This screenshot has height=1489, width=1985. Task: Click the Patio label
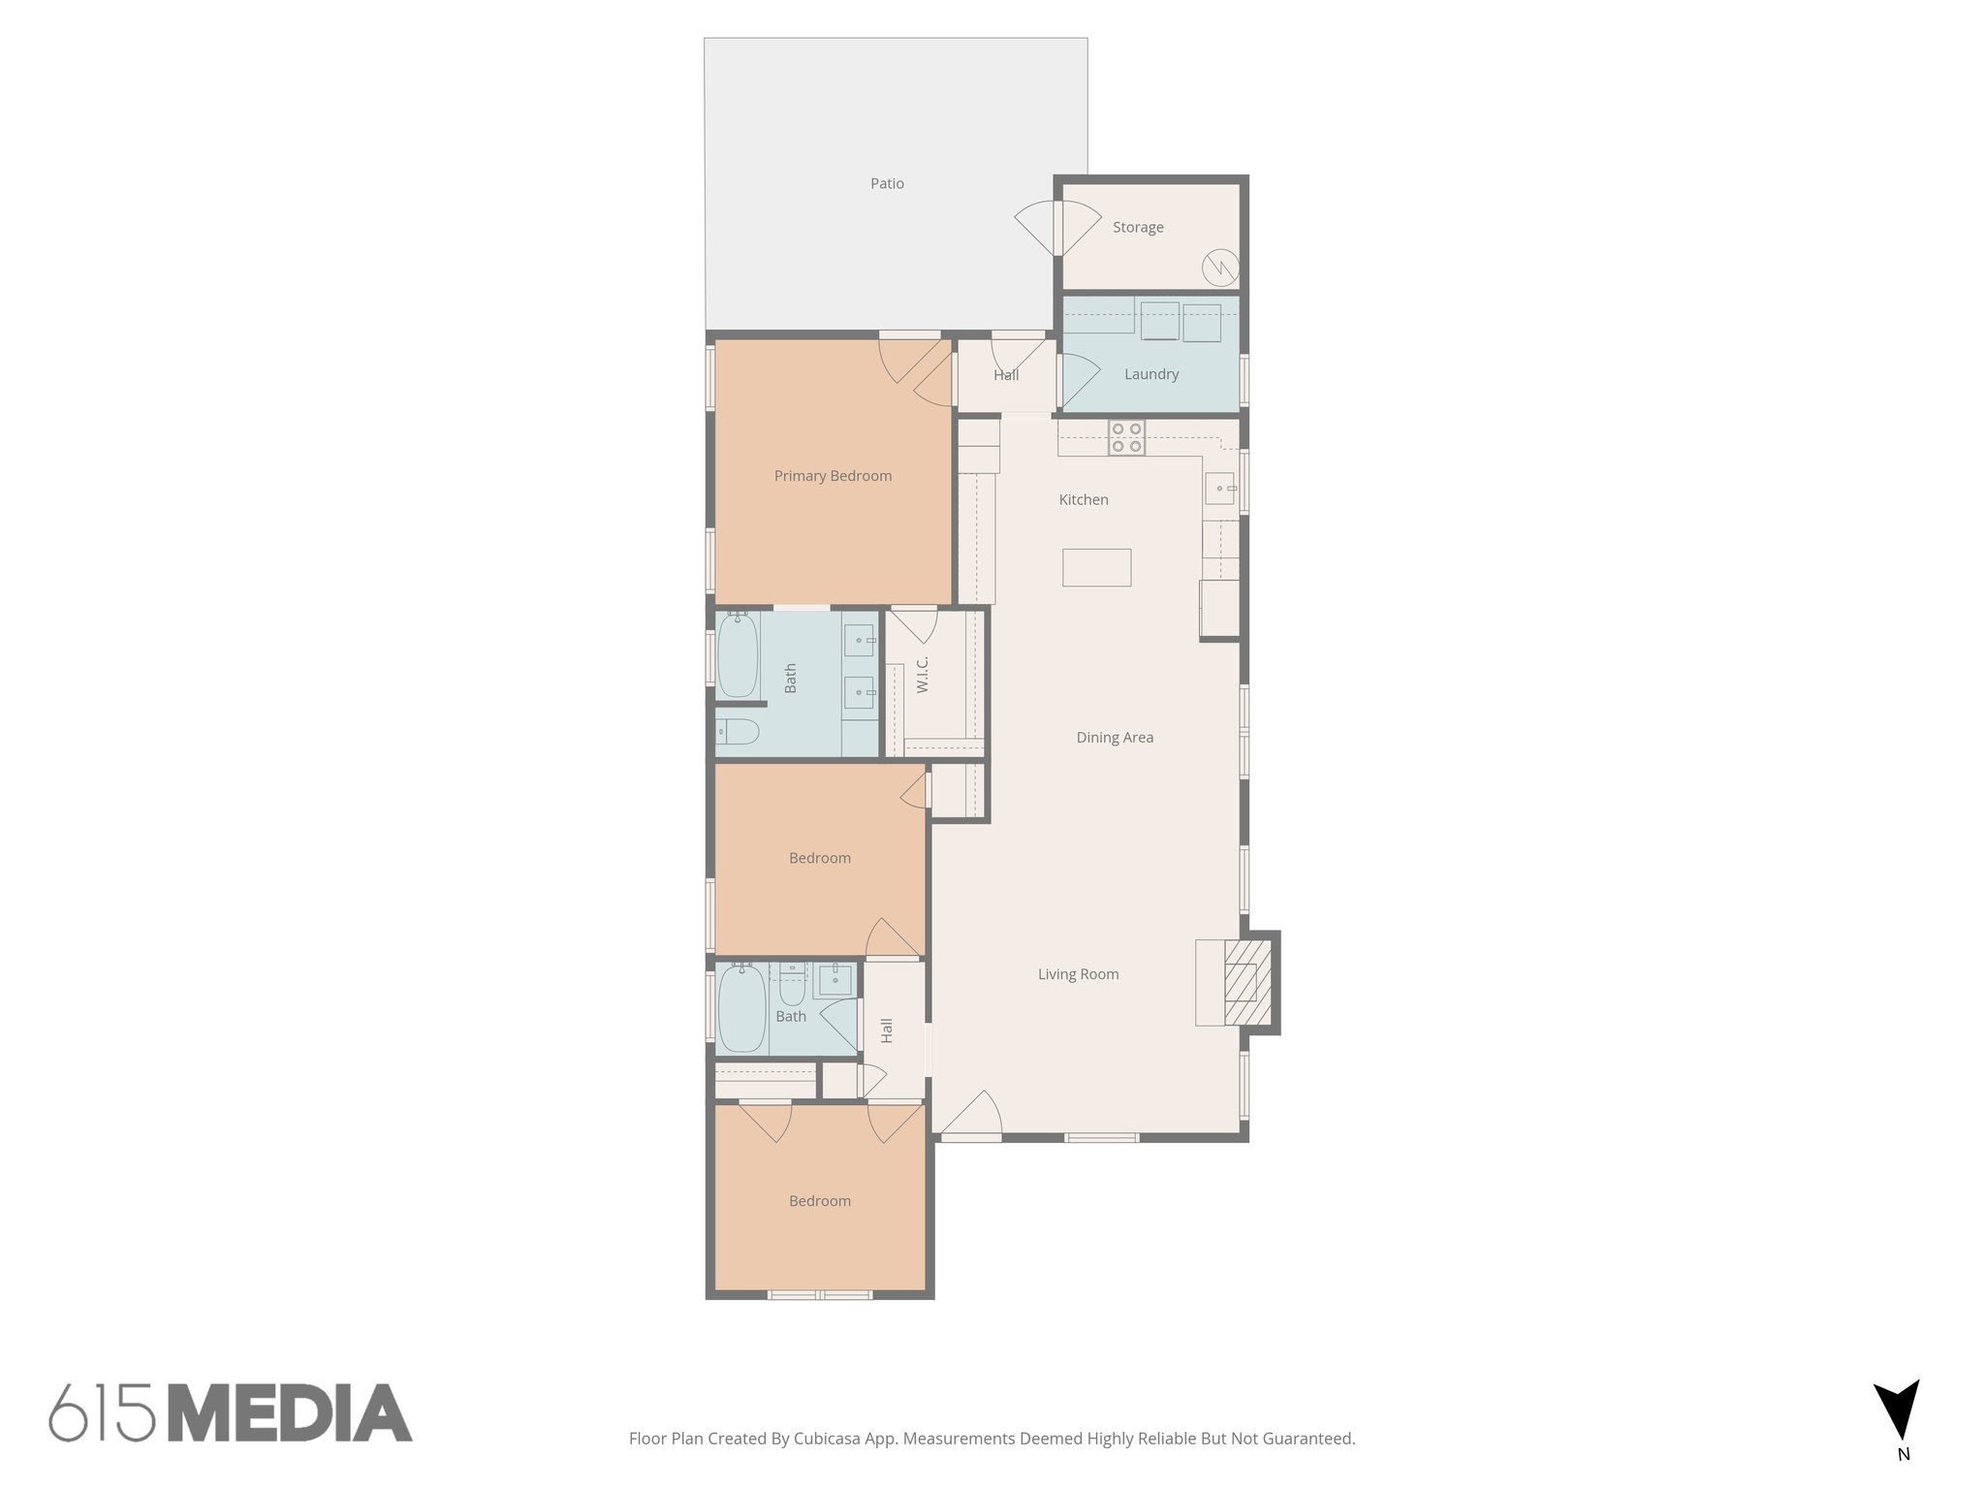point(887,183)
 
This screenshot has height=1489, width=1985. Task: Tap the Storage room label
point(1138,227)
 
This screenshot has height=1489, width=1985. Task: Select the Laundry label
point(1151,374)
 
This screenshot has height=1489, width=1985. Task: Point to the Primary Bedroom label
point(833,476)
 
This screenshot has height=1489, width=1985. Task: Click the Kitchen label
point(1084,500)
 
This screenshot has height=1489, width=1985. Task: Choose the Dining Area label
point(1115,738)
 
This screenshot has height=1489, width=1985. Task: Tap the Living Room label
point(1078,974)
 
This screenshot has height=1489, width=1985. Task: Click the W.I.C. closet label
point(923,675)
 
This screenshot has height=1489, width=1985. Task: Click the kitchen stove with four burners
point(1126,437)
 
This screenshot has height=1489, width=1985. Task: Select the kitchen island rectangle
point(1096,567)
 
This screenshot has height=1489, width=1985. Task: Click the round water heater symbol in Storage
point(1219,266)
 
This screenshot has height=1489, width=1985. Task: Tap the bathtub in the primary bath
point(737,655)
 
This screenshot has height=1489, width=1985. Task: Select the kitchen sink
point(1219,489)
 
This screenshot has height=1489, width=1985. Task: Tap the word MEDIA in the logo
point(290,1413)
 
